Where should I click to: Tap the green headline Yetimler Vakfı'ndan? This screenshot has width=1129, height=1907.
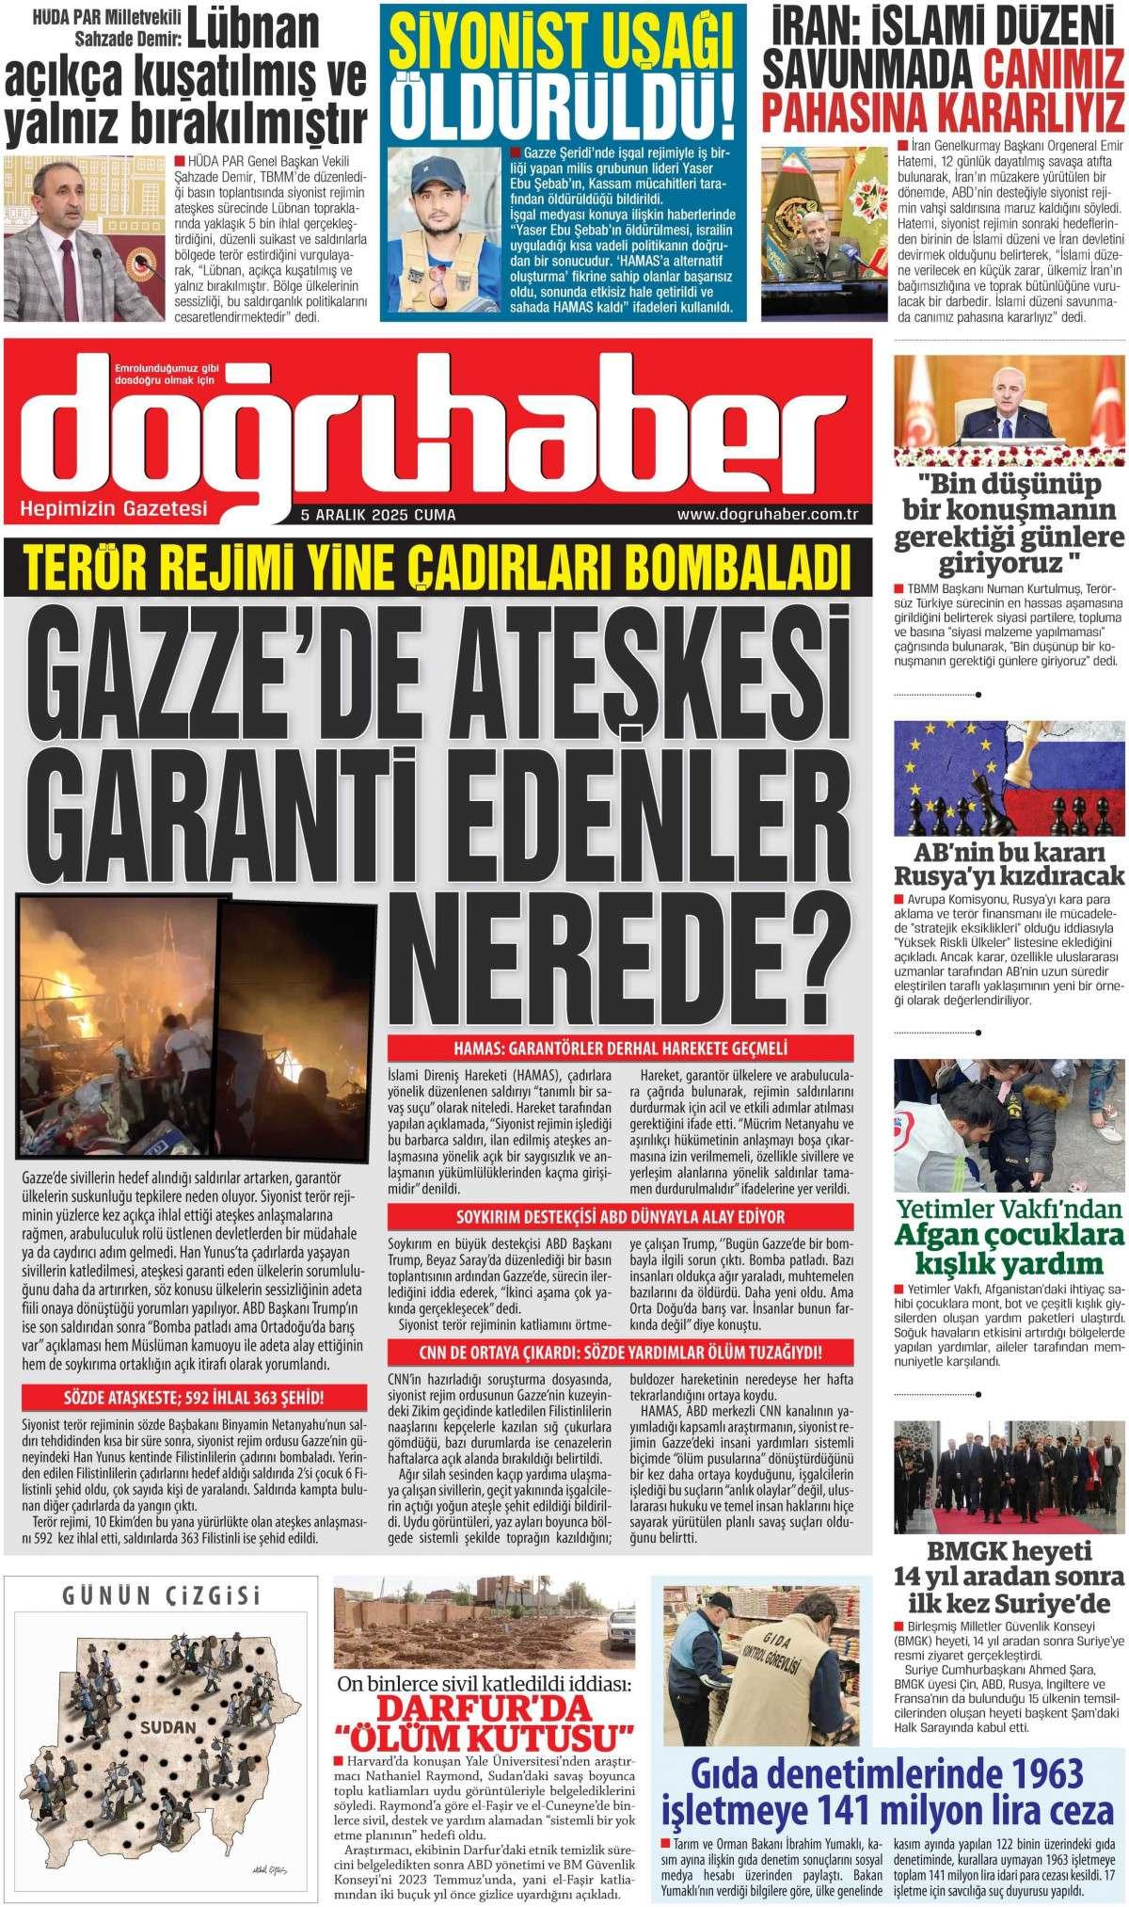point(1009,1207)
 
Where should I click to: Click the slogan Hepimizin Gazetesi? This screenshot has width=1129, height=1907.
point(113,510)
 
